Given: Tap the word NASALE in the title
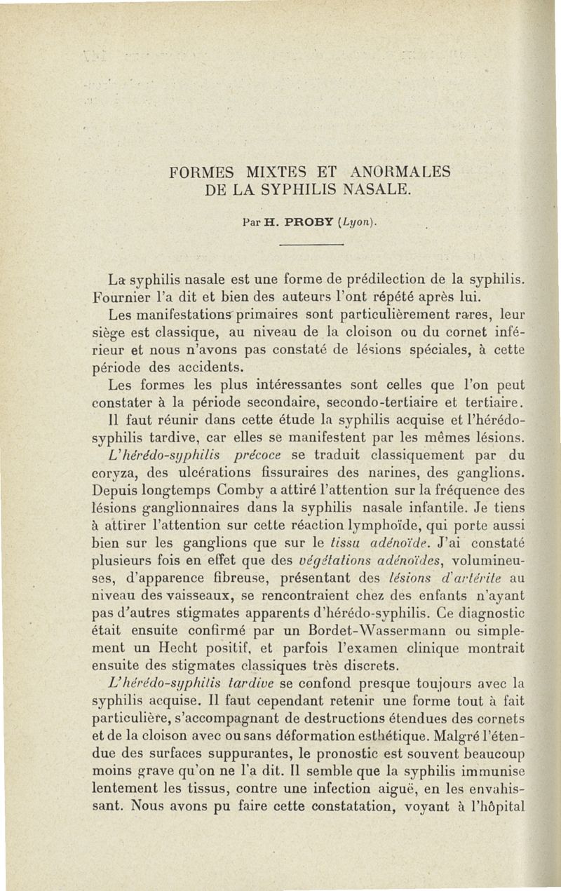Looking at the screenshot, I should (372, 189).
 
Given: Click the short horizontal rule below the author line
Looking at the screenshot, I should (309, 245).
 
